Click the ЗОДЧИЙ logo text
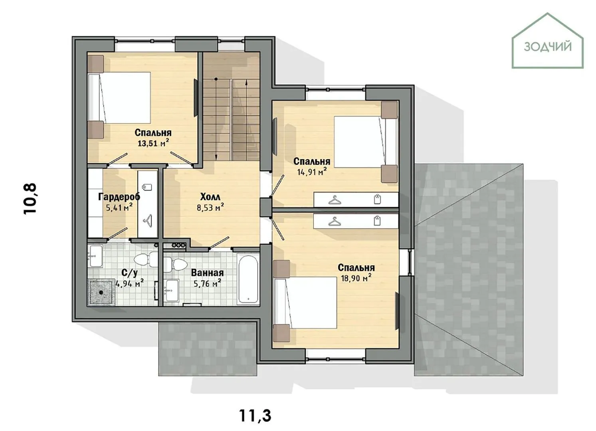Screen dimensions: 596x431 tap(548, 47)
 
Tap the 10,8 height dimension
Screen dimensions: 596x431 tap(30, 199)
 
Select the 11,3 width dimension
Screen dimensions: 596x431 tap(255, 415)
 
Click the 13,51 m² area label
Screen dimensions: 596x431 tap(154, 143)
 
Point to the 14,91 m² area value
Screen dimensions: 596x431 tap(312, 172)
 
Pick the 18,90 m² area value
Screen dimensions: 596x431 tap(356, 278)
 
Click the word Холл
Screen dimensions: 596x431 tap(210, 197)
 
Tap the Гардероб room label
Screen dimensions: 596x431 tap(119, 197)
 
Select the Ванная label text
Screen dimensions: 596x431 tap(207, 273)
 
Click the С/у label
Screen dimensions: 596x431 tap(130, 273)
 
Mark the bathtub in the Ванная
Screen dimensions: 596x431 tap(248, 279)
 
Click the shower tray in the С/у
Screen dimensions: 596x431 tap(101, 293)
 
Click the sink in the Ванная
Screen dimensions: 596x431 tap(172, 291)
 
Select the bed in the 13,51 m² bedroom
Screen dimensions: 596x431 tap(119, 98)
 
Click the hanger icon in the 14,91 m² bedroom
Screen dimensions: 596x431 tap(334, 200)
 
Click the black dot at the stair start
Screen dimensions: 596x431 tap(216, 79)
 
